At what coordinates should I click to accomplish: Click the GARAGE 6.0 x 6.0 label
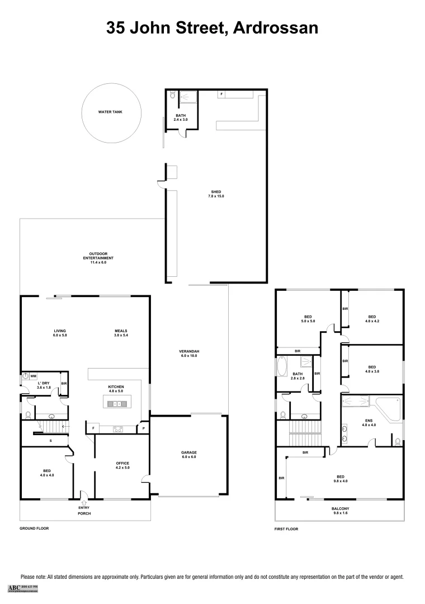188,455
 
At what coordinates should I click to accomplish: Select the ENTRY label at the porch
84,507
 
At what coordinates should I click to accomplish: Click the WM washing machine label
34,376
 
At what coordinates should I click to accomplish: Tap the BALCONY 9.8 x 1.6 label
340,511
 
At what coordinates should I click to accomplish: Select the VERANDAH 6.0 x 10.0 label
189,353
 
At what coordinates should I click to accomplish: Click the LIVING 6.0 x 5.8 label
60,333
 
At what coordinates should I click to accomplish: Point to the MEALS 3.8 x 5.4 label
121,333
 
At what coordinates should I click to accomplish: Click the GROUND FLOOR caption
34,528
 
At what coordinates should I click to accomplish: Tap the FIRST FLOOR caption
286,528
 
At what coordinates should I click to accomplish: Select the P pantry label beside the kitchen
144,429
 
